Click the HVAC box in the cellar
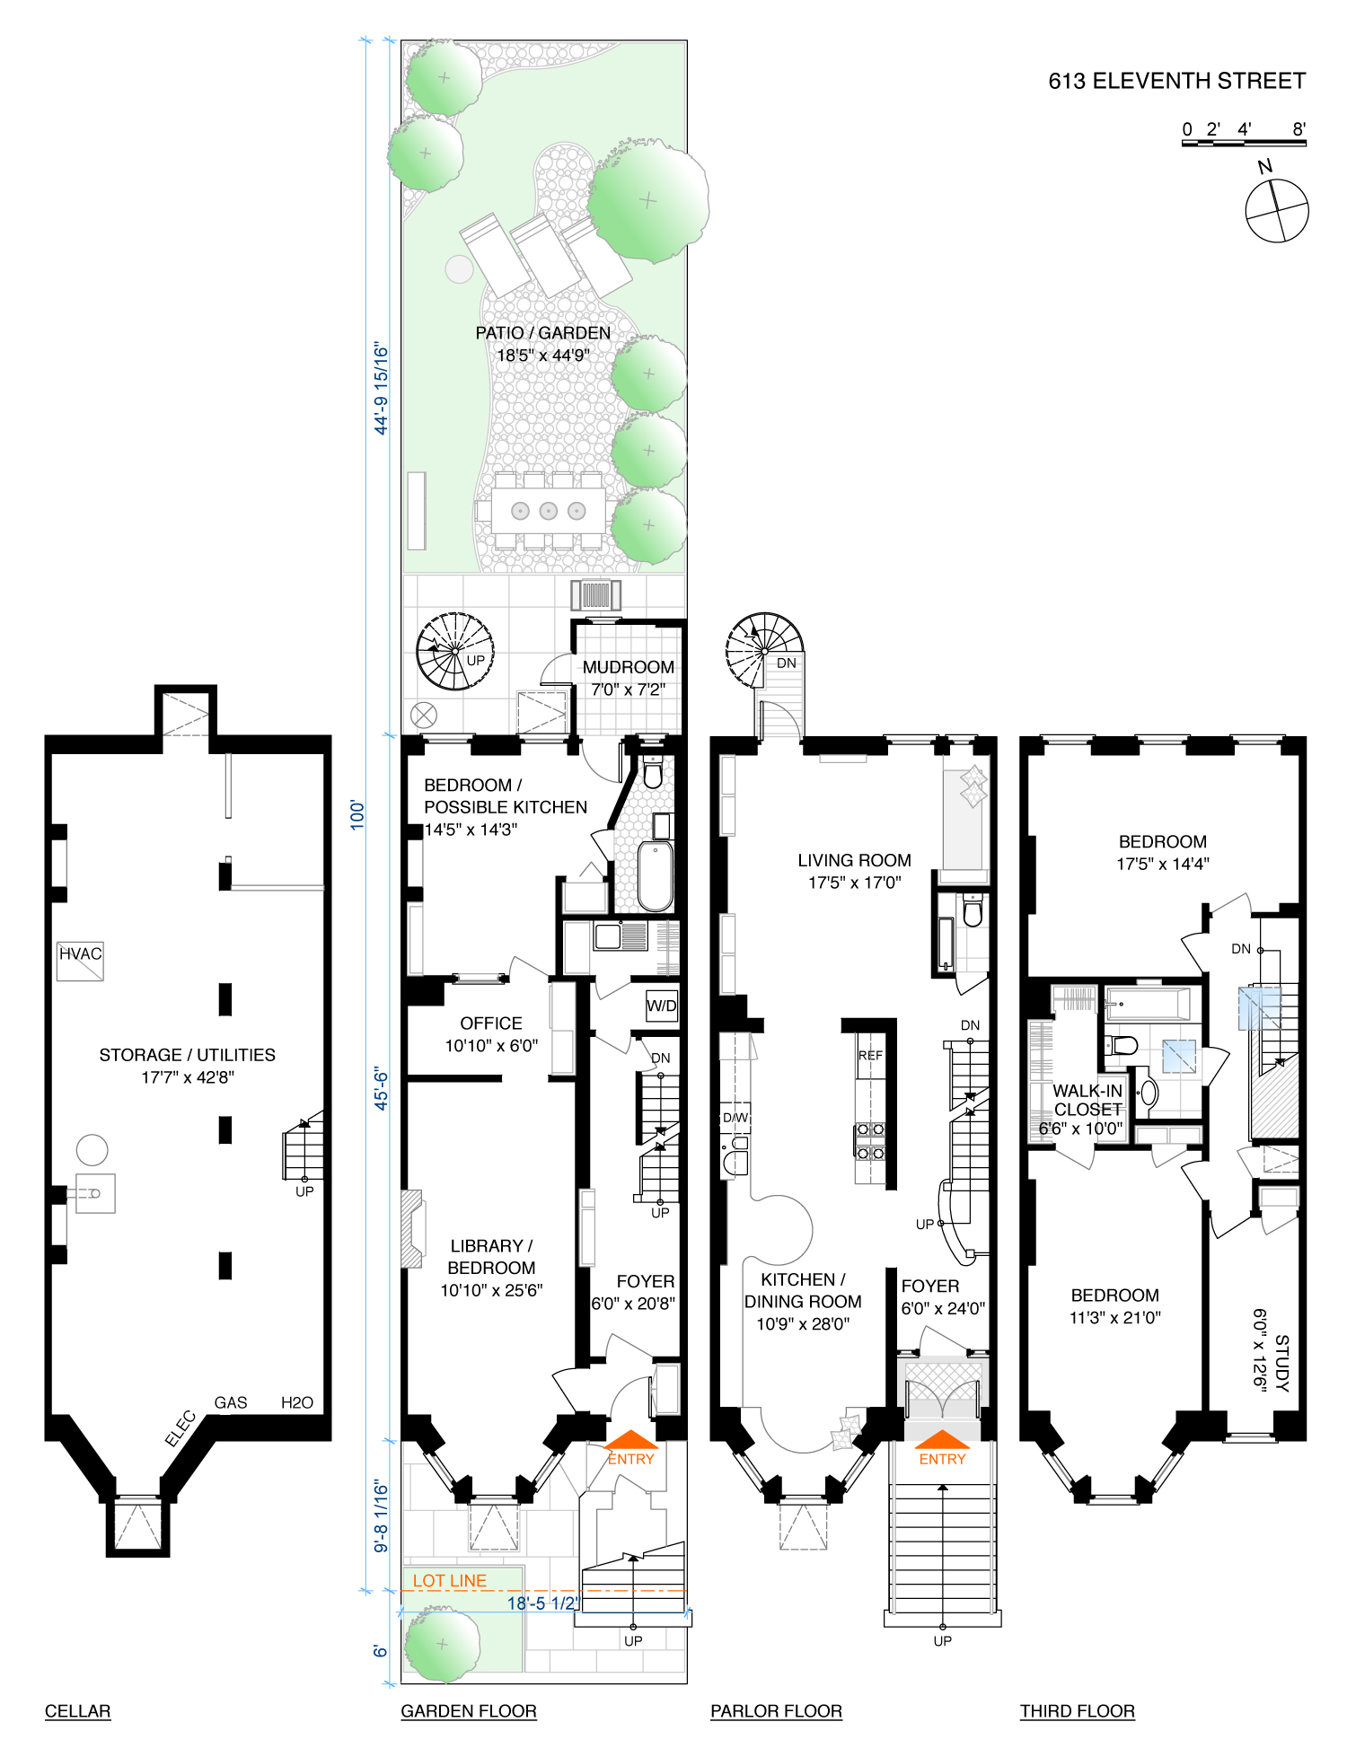click(80, 960)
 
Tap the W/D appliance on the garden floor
click(662, 1006)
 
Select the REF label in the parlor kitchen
click(870, 1055)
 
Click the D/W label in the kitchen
click(735, 1118)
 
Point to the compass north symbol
click(1276, 210)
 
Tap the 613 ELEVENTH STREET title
click(1176, 82)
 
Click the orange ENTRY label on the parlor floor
click(942, 1459)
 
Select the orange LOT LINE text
click(450, 1580)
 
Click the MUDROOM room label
click(628, 667)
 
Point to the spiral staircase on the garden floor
click(454, 651)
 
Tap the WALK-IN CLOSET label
click(1087, 1100)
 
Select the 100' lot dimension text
click(358, 814)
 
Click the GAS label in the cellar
click(231, 1402)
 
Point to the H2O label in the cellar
click(297, 1402)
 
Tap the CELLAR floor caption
click(78, 1711)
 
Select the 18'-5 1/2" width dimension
click(542, 1603)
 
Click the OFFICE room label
click(490, 1023)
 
